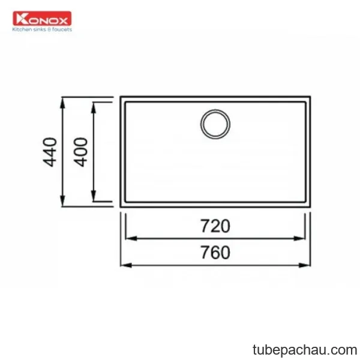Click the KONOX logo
tap(42, 19)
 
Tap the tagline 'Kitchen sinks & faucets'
tap(42, 29)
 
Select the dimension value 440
tap(50, 152)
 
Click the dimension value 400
tap(80, 152)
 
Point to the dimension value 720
tap(215, 226)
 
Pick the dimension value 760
tap(215, 253)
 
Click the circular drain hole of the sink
tap(215, 124)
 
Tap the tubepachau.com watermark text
tap(305, 350)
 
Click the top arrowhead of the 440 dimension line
tap(62, 103)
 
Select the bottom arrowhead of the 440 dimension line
tap(62, 201)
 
